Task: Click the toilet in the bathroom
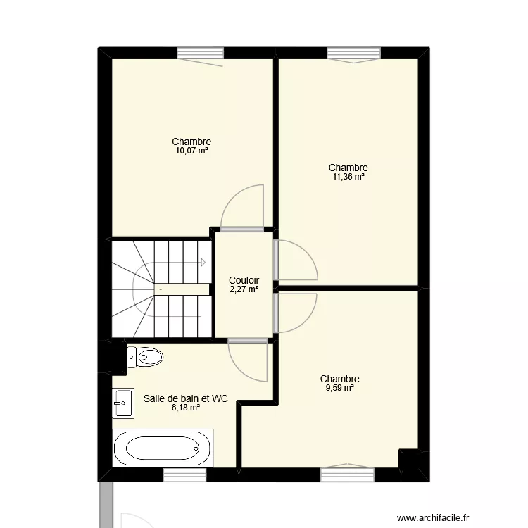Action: [145, 358]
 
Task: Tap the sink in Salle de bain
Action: [122, 403]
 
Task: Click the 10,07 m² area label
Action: [191, 151]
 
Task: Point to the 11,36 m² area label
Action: [348, 177]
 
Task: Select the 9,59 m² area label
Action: [339, 387]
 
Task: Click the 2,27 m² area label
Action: [244, 288]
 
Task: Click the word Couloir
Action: [244, 279]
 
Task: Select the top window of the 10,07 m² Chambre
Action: [201, 53]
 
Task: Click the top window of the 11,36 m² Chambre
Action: [353, 53]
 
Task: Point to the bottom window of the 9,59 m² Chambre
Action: [346, 475]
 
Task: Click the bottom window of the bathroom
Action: [185, 475]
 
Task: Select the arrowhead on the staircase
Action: [203, 263]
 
